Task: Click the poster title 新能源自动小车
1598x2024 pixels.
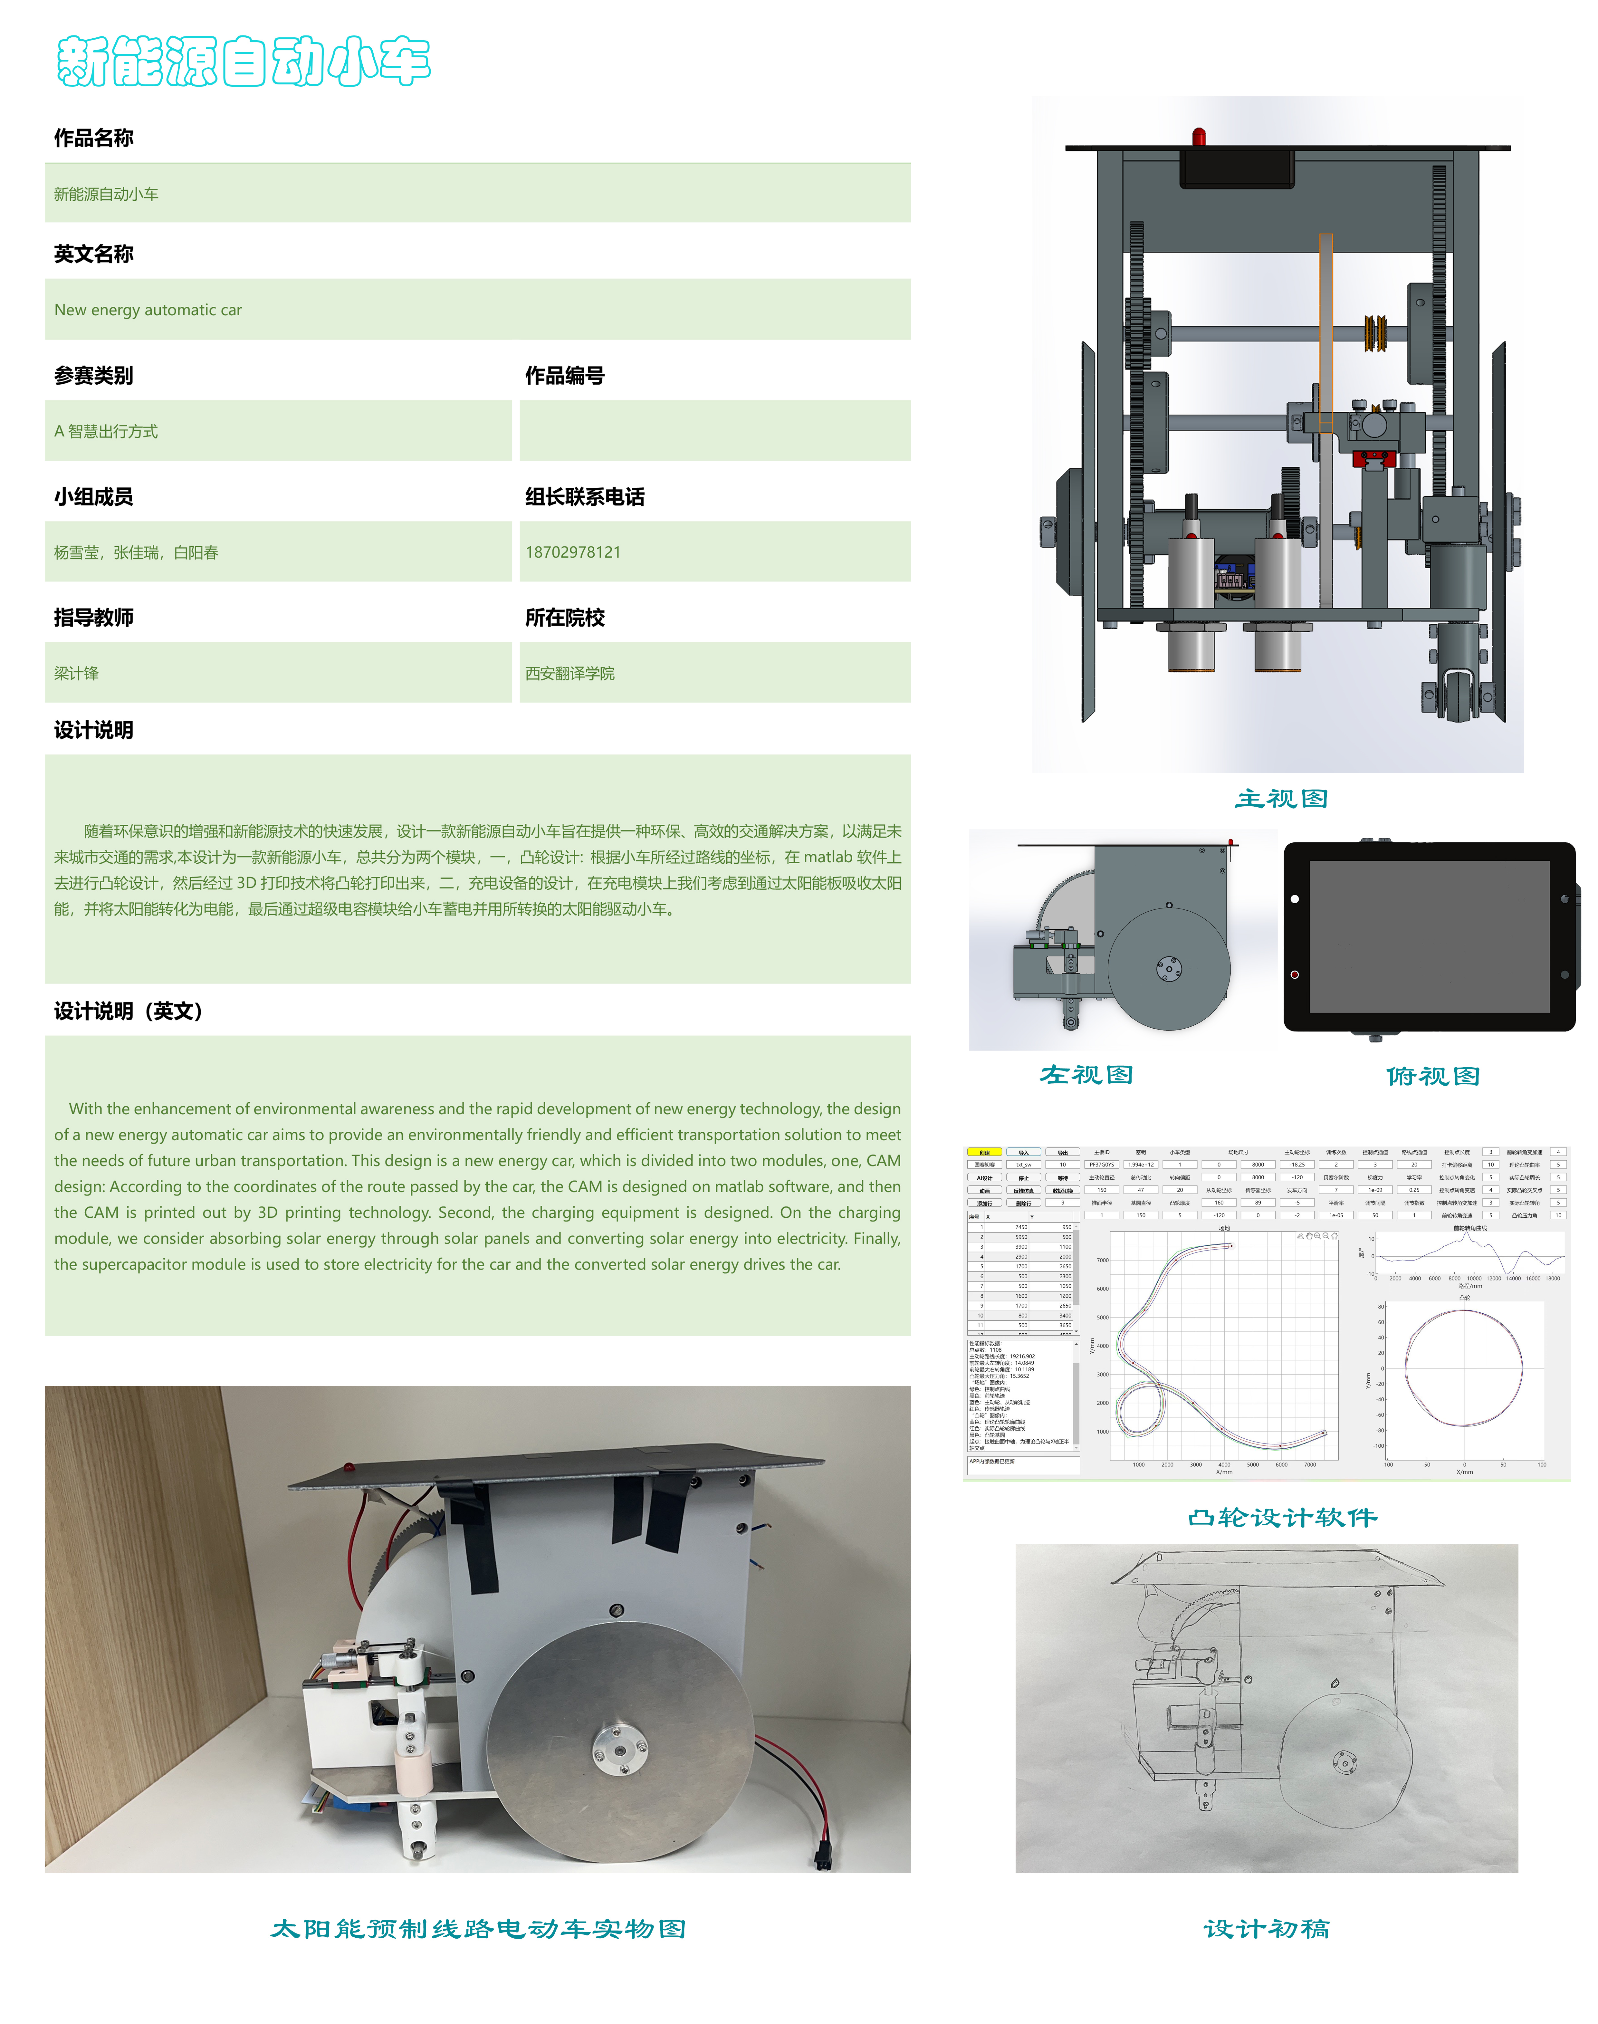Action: click(243, 62)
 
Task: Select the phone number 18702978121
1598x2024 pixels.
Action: click(573, 552)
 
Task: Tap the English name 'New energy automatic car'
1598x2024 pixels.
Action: click(148, 310)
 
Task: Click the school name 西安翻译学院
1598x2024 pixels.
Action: click(570, 674)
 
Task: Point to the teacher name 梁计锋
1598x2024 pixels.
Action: click(77, 674)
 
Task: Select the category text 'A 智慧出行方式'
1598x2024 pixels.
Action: click(106, 431)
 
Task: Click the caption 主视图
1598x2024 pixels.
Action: click(1281, 798)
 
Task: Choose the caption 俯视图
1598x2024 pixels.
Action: click(1432, 1076)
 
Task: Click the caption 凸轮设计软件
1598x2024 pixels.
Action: click(1282, 1517)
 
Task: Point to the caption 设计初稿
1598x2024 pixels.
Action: click(1266, 1929)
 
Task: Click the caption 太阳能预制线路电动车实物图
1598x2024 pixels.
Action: click(478, 1929)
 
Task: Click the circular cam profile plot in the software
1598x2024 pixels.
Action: click(1464, 1368)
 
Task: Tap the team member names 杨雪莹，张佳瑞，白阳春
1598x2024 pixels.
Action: click(137, 552)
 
